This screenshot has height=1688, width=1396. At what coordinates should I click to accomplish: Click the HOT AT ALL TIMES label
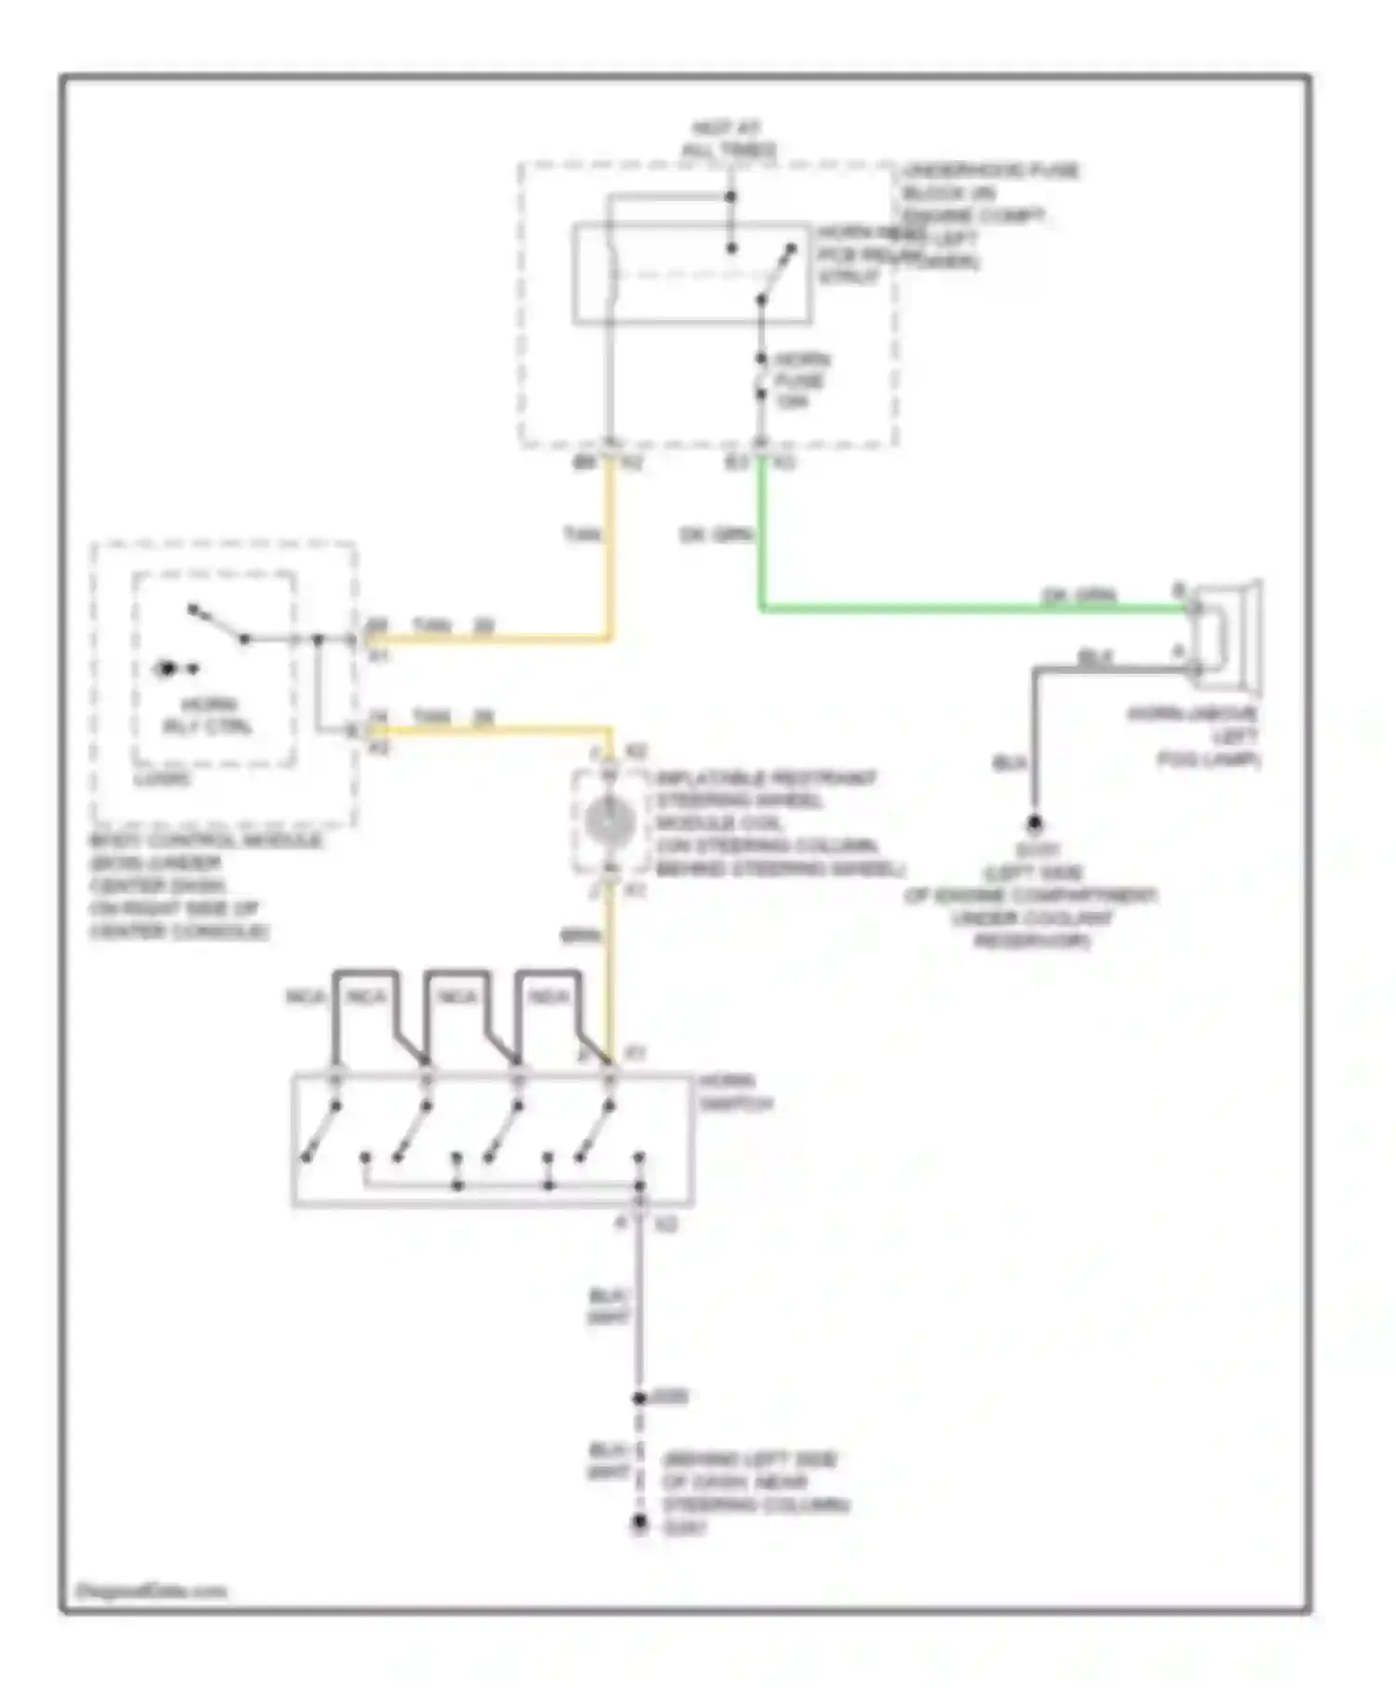729,139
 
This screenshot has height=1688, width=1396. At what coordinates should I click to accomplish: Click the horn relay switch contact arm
777,275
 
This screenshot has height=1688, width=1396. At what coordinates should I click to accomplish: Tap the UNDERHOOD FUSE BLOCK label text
987,194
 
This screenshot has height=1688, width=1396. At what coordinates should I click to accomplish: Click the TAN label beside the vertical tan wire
583,535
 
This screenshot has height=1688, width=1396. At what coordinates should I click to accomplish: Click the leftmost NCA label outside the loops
305,997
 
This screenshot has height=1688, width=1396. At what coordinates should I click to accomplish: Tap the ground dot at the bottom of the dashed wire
639,1523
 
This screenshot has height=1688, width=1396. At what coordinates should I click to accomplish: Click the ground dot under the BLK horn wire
1034,824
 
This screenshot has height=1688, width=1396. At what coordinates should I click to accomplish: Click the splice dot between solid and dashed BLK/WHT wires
639,1398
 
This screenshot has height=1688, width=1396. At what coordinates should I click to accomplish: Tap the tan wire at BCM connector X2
484,730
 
